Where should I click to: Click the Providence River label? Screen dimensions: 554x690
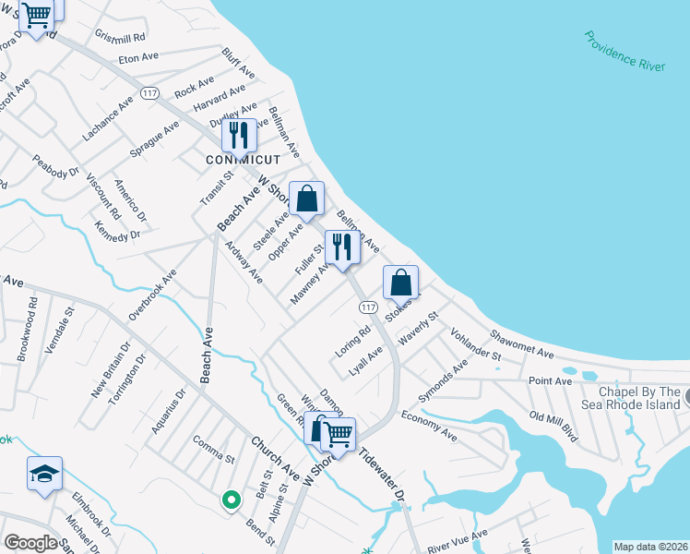click(x=625, y=50)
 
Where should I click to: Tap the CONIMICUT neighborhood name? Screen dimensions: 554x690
click(x=243, y=159)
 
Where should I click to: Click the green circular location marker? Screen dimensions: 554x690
click(x=231, y=500)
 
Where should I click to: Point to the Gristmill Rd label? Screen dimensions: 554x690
click(x=121, y=36)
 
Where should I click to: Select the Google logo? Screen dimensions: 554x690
click(x=31, y=543)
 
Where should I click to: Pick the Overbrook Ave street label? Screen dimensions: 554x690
click(x=152, y=295)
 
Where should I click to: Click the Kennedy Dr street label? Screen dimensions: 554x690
click(x=117, y=230)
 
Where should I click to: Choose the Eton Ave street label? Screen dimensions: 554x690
click(x=138, y=57)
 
